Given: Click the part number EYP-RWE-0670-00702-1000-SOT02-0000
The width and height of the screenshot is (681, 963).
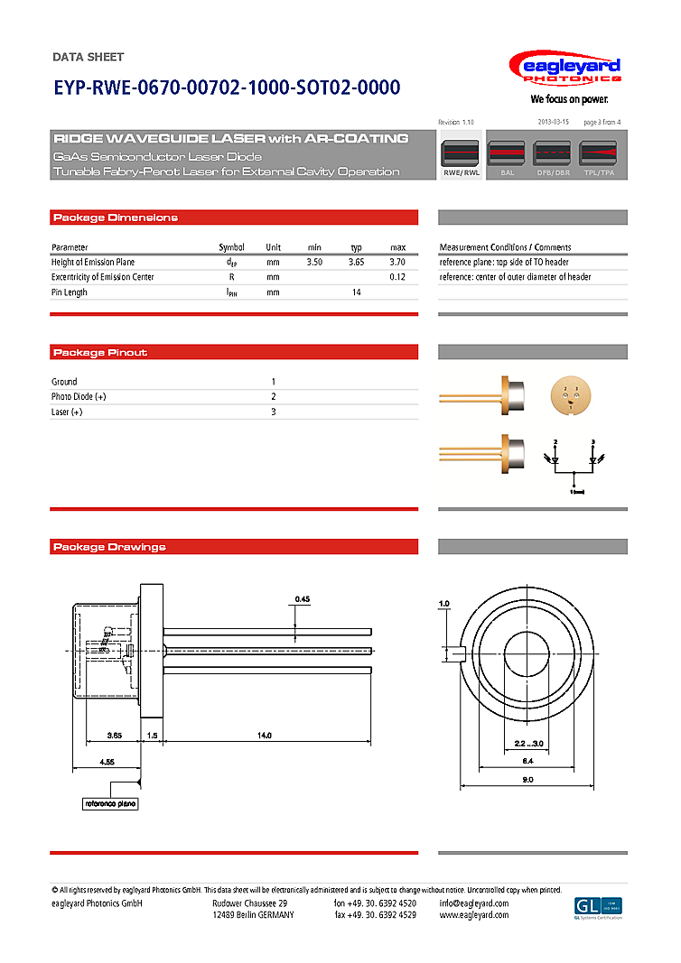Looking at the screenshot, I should click(227, 88).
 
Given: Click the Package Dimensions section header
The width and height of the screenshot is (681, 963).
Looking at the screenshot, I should click(116, 218).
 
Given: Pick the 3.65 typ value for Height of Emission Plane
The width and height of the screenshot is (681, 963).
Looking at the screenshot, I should click(357, 262).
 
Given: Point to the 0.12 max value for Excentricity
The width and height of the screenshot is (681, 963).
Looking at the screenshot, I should click(397, 277).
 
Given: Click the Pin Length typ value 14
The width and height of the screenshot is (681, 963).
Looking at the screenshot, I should click(357, 292).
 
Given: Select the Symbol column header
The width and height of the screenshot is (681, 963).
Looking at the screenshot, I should click(231, 247).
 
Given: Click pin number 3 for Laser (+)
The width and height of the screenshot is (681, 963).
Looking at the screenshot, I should click(274, 412).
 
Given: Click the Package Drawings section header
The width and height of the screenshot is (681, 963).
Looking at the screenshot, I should click(110, 547).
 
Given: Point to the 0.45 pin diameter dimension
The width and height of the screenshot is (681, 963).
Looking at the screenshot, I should click(303, 599).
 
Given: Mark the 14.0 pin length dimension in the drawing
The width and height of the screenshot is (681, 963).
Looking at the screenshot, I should click(264, 736).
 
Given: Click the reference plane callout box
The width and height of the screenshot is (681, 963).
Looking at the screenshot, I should click(111, 803).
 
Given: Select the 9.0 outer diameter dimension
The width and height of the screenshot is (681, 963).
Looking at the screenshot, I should click(528, 779).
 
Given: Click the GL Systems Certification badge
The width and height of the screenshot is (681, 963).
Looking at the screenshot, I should click(599, 907).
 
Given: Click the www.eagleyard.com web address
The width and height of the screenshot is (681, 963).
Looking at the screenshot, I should click(474, 915).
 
